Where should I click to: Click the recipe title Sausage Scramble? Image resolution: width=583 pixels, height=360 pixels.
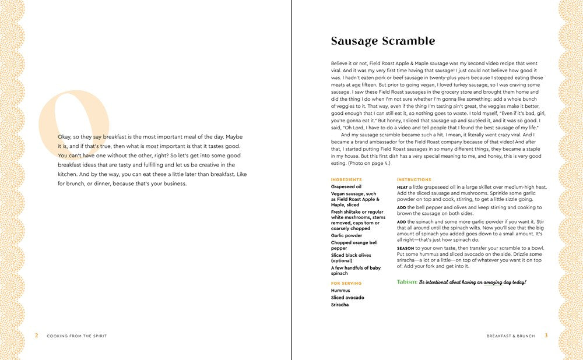pos(383,41)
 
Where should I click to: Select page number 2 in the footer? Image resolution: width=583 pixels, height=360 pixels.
pos(36,336)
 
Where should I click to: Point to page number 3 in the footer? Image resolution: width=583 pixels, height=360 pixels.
pos(546,335)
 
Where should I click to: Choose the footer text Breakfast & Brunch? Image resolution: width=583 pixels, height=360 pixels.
pos(511,336)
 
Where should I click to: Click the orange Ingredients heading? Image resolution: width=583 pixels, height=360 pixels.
pos(346,179)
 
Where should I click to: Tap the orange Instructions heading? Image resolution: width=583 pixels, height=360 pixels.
pos(414,179)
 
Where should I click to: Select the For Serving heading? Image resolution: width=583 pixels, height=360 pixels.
pos(346,283)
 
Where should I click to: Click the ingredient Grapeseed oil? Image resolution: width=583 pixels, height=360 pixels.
pos(346,187)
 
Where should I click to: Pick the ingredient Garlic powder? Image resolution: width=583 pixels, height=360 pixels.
pos(346,235)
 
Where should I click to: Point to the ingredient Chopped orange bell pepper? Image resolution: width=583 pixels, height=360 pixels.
pos(354,245)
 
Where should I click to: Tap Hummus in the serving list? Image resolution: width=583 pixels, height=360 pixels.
pos(340,290)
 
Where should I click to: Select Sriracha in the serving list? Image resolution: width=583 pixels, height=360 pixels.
pos(341,305)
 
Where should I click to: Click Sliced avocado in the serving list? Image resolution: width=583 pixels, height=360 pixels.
pos(347,298)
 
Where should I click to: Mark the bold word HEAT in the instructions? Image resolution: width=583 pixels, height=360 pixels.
pos(402,187)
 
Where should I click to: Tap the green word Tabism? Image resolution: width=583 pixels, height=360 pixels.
pos(407,282)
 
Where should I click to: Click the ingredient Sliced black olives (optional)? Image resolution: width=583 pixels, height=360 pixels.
pos(351,258)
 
